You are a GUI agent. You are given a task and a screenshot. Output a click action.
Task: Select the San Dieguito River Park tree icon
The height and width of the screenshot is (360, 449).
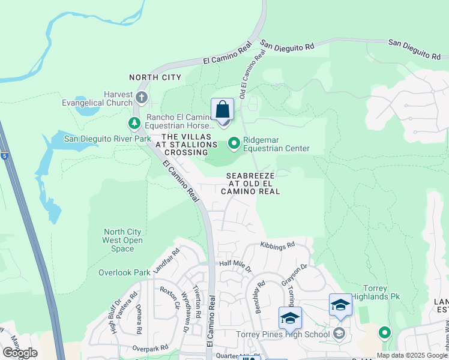point(134,124)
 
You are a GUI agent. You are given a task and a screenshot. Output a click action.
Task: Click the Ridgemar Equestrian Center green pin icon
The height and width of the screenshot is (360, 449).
point(234,143)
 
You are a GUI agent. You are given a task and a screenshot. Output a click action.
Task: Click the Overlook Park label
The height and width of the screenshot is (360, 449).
point(124,272)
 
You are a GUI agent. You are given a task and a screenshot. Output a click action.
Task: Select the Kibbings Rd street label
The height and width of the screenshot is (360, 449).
point(278,245)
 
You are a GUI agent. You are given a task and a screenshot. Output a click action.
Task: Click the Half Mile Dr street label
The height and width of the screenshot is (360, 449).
point(235,263)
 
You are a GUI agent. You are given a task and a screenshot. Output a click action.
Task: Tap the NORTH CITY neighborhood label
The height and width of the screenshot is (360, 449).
point(155,77)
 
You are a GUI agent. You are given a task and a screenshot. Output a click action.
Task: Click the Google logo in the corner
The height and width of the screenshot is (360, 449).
point(20,353)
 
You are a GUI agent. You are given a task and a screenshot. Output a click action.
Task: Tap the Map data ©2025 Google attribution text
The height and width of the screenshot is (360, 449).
point(412,355)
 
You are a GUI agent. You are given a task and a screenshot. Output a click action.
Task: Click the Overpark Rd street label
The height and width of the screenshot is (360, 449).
point(150,348)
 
